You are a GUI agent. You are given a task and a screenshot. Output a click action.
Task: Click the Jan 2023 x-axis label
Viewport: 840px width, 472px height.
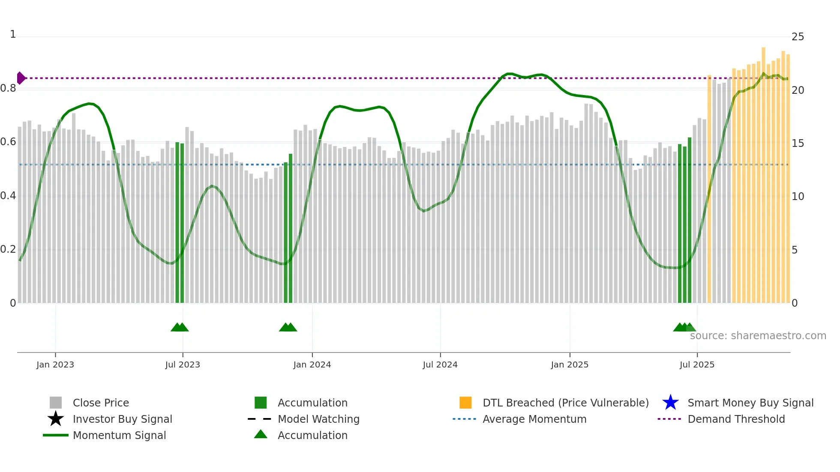(x=55, y=364)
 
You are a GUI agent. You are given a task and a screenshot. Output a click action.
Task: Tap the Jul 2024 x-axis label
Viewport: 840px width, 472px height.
(x=440, y=364)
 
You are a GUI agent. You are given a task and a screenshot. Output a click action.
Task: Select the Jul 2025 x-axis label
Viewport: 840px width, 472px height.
(x=697, y=364)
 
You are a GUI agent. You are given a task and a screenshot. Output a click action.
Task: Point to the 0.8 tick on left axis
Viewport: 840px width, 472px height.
(x=8, y=89)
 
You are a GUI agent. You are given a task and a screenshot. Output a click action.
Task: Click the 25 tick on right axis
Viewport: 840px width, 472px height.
(x=798, y=37)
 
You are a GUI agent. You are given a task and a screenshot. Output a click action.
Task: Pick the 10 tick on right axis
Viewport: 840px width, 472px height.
(x=798, y=197)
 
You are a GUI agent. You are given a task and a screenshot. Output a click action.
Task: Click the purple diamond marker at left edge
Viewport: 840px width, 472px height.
(x=21, y=78)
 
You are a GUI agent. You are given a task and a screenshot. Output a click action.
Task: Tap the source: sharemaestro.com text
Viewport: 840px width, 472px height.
(x=758, y=336)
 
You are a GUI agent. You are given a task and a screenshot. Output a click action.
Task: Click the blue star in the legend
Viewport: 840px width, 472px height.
(x=670, y=403)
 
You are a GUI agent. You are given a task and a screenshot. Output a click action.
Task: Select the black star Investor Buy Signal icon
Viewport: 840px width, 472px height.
(x=56, y=419)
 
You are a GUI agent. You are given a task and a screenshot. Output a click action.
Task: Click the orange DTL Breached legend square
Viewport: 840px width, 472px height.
(x=465, y=403)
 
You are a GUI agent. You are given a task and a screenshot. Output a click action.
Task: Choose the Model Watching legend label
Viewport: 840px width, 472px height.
(x=318, y=419)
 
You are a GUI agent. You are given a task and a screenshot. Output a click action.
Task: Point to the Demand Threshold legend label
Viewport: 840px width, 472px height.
(x=736, y=419)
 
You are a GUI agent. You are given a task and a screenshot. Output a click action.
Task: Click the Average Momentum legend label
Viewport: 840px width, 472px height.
(x=534, y=419)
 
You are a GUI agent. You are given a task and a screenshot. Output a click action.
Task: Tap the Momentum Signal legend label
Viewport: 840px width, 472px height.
(x=119, y=435)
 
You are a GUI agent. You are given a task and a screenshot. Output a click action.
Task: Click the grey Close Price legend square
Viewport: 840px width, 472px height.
(x=56, y=403)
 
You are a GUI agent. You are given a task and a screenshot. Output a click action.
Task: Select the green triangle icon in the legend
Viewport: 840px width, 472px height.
(x=261, y=434)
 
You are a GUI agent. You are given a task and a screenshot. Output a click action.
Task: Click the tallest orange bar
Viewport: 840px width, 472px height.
(x=763, y=171)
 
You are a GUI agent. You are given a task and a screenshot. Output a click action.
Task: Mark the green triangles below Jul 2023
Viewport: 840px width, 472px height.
(x=180, y=327)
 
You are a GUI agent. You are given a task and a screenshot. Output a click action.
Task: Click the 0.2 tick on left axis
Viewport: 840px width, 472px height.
(x=8, y=249)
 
